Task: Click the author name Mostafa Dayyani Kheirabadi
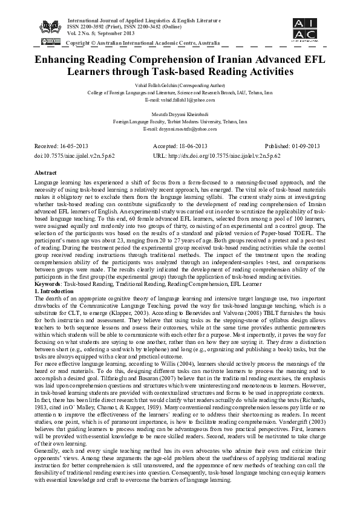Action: coord(180,114)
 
